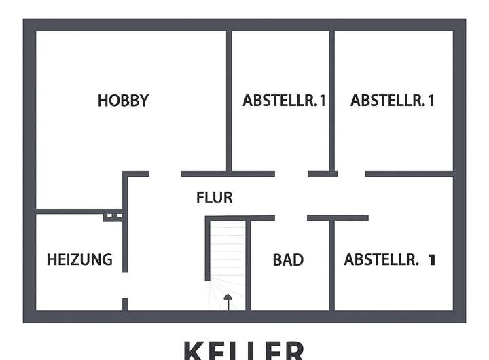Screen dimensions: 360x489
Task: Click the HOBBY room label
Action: click(123, 101)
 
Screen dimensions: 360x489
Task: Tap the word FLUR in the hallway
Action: click(214, 198)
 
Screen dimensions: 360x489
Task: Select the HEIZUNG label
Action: click(79, 259)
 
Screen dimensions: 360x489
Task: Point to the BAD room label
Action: click(288, 259)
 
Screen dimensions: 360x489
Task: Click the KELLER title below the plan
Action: click(244, 350)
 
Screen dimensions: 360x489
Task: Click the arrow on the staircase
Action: click(228, 301)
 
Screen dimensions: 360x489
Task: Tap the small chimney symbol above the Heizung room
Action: click(113, 217)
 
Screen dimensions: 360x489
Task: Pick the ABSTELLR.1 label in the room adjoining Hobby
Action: click(285, 101)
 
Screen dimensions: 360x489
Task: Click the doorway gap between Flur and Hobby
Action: click(165, 174)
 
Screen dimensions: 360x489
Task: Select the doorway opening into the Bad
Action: click(291, 218)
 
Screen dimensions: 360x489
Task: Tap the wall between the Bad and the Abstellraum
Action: click(331, 265)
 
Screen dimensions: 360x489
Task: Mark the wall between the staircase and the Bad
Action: click(249, 265)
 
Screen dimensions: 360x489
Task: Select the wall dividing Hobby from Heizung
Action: click(75, 211)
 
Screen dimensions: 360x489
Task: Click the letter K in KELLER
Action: click(192, 350)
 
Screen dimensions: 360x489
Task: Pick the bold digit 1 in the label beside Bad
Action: click(431, 259)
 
